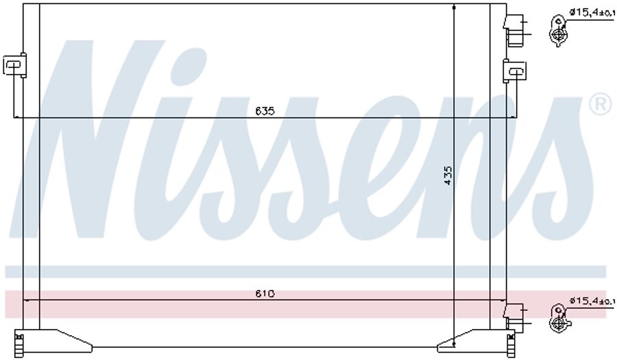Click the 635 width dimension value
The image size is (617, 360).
coord(265,111)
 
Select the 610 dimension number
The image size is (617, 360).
coord(265,293)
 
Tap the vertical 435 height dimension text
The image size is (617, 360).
coord(448,175)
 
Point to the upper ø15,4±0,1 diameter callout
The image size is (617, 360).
coord(592,13)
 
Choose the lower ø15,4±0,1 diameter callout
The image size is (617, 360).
coord(592,300)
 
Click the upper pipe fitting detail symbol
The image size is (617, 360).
coord(558,31)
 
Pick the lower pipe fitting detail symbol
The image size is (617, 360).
coord(558,318)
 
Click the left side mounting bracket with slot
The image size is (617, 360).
coord(15,64)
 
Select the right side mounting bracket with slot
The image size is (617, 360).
coord(515,71)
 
